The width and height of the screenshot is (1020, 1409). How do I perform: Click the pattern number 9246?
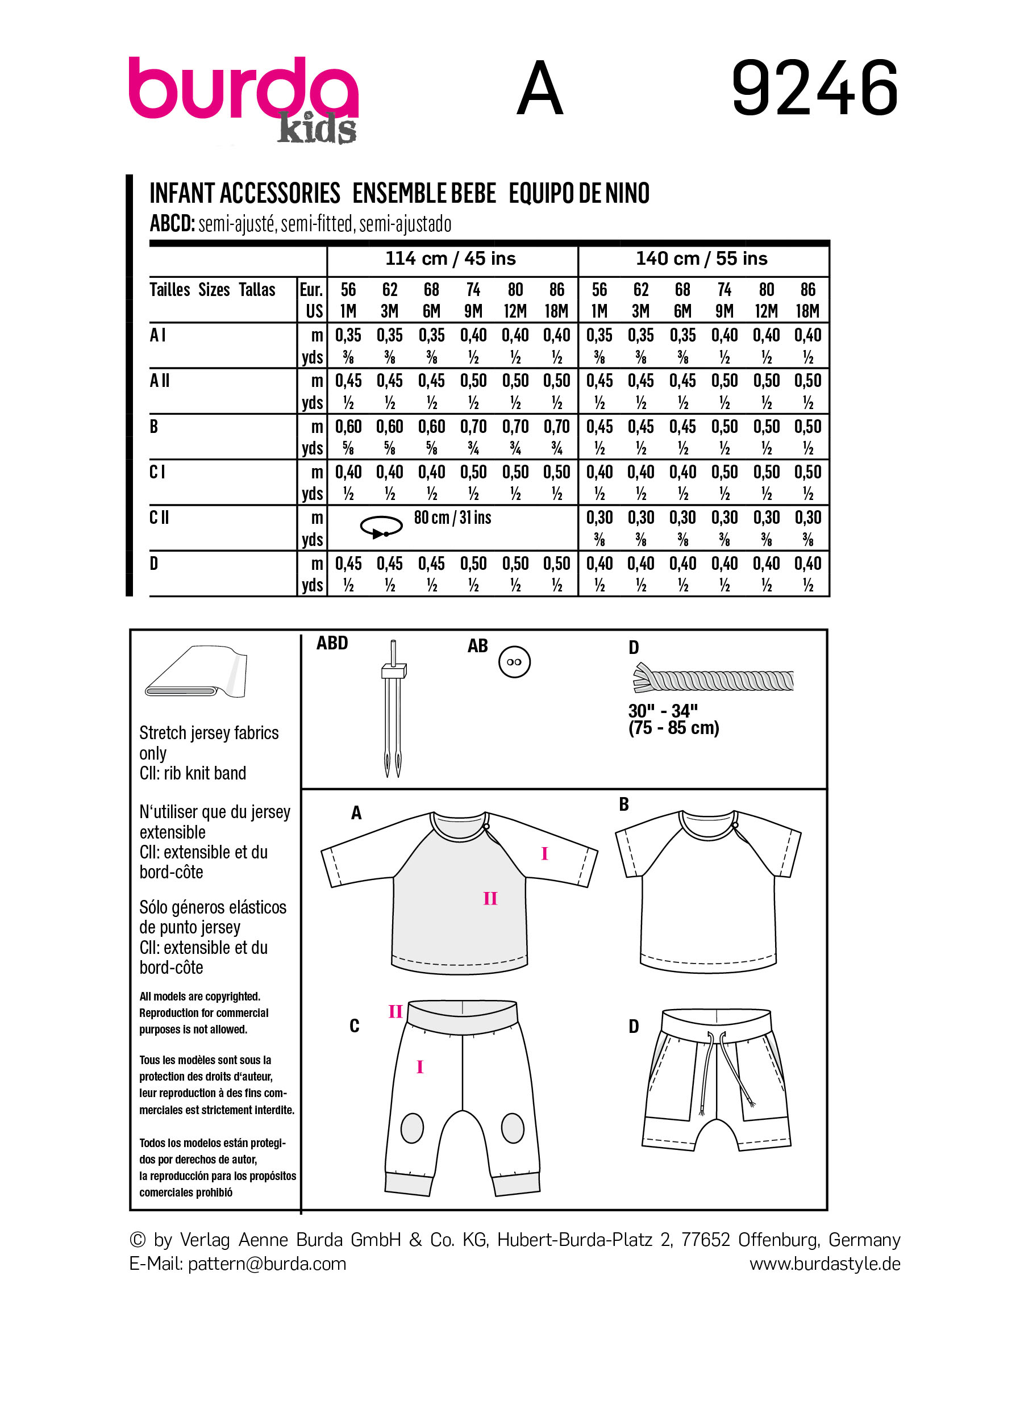(814, 88)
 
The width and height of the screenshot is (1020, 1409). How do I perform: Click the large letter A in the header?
(539, 89)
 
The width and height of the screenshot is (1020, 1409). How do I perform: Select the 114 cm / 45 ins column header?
(451, 259)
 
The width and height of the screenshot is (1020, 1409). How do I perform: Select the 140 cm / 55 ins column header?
(701, 259)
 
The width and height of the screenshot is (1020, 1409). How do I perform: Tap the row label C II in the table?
(160, 518)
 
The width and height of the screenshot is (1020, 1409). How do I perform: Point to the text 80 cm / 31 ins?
(452, 518)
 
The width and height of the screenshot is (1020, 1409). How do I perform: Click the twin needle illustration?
(393, 708)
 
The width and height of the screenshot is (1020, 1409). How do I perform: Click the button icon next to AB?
(514, 662)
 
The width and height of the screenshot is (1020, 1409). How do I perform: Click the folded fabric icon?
(196, 672)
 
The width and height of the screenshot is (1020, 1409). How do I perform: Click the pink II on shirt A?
(490, 898)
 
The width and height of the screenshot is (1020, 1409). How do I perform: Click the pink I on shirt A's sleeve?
(544, 853)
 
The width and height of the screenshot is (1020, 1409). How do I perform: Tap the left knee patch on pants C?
(412, 1128)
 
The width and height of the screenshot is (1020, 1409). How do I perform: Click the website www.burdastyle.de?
(825, 1264)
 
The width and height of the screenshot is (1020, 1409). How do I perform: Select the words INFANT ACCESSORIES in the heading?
(245, 193)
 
